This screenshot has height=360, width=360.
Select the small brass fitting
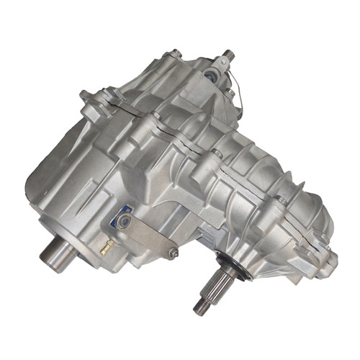107,249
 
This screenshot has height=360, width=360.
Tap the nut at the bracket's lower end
173,253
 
